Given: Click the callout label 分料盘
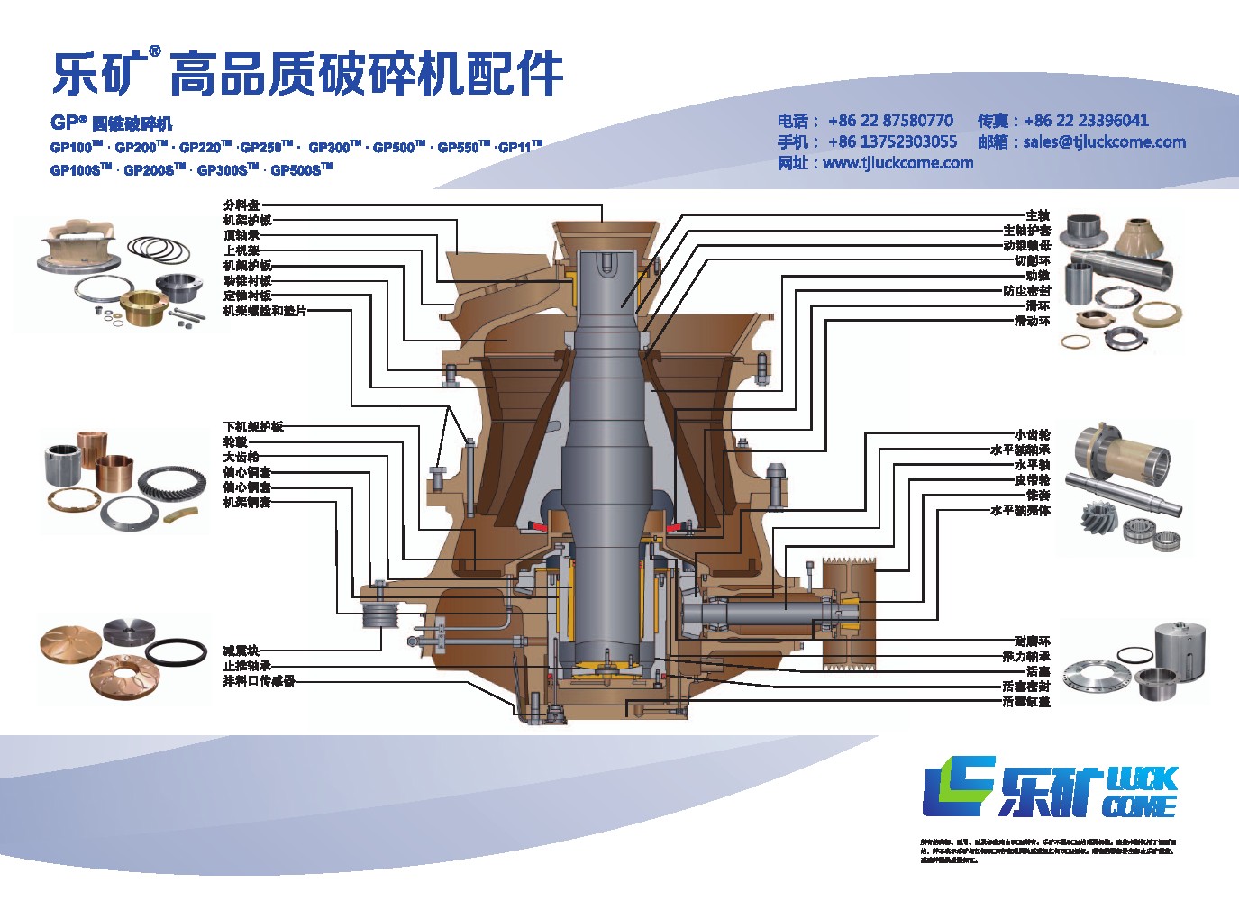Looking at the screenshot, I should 241,205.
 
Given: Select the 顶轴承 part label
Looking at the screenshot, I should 241,235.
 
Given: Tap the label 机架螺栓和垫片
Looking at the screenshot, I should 265,311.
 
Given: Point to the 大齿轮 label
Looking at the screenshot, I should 241,457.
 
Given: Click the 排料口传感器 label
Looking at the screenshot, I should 259,680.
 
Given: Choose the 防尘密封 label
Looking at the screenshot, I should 1026,291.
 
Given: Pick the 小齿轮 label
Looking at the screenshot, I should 1032,435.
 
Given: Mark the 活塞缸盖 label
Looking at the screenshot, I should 1026,701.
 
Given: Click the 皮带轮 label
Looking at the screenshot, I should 1032,480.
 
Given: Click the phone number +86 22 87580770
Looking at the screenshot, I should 890,121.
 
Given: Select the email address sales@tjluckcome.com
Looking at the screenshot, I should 1104,141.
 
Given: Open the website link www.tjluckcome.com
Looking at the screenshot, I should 897,163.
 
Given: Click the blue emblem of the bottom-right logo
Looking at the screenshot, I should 958,786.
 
